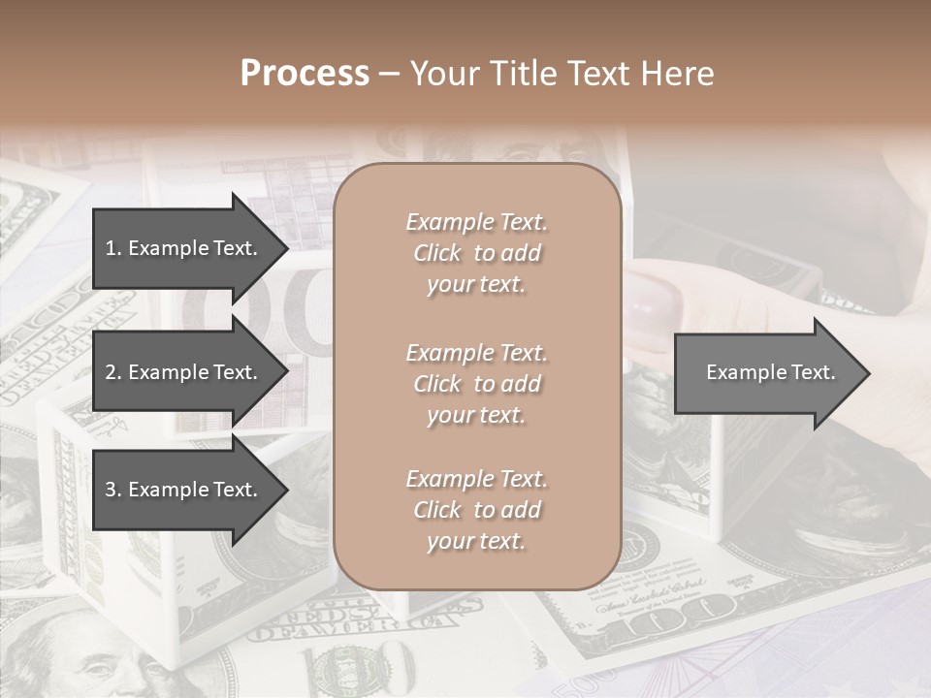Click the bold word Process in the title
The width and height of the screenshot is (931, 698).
click(x=305, y=74)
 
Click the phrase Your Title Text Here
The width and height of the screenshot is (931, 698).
click(x=562, y=74)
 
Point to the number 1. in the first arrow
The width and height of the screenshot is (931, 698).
click(x=112, y=248)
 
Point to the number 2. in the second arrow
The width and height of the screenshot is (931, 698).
click(x=112, y=372)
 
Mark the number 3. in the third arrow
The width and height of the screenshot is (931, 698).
click(x=112, y=490)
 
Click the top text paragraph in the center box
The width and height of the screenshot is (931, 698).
click(x=476, y=253)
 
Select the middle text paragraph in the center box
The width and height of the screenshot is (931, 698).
click(x=476, y=384)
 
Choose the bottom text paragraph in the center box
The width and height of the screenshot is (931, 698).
click(x=476, y=510)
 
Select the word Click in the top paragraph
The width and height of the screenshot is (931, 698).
click(x=437, y=253)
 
